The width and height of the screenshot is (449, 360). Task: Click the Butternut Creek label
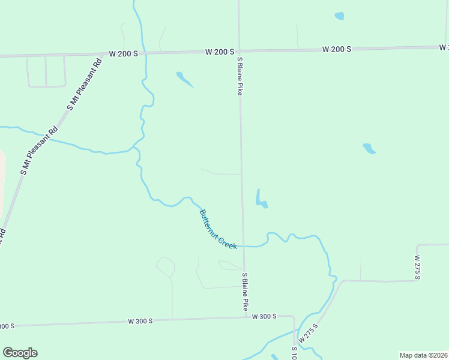pyautogui.click(x=218, y=229)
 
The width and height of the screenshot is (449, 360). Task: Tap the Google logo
pyautogui.click(x=20, y=353)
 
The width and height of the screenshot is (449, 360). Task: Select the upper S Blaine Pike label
pyautogui.click(x=240, y=76)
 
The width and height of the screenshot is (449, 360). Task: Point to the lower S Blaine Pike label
pyautogui.click(x=245, y=292)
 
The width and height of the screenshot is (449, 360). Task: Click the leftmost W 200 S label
pyautogui.click(x=124, y=53)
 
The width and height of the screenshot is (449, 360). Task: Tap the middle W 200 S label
pyautogui.click(x=220, y=52)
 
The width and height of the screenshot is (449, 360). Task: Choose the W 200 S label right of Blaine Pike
pyautogui.click(x=336, y=49)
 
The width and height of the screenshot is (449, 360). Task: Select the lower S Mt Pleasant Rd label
pyautogui.click(x=39, y=151)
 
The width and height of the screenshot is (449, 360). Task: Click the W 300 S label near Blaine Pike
pyautogui.click(x=264, y=316)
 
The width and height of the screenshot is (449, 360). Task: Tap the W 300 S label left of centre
pyautogui.click(x=140, y=321)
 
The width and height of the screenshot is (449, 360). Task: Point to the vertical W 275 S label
pyautogui.click(x=417, y=266)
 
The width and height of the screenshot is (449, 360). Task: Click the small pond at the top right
pyautogui.click(x=339, y=16)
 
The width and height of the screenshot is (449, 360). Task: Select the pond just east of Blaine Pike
pyautogui.click(x=261, y=200)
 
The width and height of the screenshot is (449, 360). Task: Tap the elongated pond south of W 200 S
pyautogui.click(x=184, y=79)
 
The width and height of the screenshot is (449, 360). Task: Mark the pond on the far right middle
pyautogui.click(x=369, y=149)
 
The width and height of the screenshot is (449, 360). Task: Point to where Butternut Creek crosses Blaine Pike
pyautogui.click(x=243, y=246)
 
